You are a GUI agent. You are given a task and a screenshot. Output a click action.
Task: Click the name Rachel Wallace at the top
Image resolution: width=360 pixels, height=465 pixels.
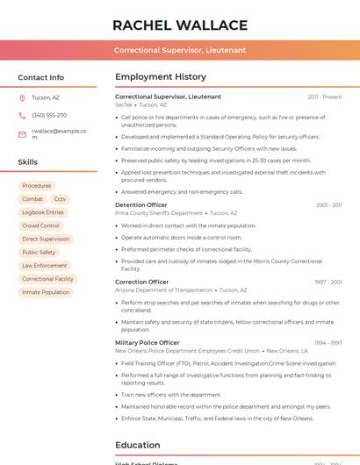180,25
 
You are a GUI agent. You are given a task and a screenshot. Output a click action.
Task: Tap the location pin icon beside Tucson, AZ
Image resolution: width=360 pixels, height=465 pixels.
22,97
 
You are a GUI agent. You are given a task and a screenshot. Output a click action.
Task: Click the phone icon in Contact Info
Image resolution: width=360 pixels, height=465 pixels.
22,115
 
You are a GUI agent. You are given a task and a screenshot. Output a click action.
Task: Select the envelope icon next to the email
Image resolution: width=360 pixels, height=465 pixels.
22,134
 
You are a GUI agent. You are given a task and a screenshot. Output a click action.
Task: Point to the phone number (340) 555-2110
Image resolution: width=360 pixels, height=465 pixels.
49,115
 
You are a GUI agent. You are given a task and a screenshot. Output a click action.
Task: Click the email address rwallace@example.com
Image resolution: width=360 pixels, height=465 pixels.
59,134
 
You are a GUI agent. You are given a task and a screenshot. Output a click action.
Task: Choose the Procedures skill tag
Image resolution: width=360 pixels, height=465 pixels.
37,186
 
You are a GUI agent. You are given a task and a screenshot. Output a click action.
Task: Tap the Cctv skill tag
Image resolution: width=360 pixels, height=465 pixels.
60,199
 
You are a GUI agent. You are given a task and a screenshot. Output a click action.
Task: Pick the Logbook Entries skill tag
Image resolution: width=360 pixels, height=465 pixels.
43,212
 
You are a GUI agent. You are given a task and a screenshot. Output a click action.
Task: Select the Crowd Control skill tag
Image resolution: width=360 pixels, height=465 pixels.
40,225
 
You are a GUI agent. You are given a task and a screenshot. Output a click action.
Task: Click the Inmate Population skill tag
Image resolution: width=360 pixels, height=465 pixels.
46,292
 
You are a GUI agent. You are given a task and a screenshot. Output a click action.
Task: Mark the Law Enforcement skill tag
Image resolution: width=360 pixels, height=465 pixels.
45,266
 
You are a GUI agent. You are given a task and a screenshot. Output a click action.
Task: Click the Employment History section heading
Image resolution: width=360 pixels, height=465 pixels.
161,76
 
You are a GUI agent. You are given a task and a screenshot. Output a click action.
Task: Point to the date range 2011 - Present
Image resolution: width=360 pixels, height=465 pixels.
325,97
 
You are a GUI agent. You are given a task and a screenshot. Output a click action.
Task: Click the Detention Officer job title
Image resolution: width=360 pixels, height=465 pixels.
140,205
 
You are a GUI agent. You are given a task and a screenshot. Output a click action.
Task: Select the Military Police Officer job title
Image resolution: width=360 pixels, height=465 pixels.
147,343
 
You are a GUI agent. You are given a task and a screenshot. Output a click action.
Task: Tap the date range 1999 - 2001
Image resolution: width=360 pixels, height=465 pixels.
328,283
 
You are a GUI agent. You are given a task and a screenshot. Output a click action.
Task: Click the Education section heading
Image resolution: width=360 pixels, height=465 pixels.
138,445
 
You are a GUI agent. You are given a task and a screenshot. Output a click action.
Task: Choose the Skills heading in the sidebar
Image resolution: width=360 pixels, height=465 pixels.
28,162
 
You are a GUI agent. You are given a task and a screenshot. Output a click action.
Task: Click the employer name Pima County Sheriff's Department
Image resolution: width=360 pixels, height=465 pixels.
159,213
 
